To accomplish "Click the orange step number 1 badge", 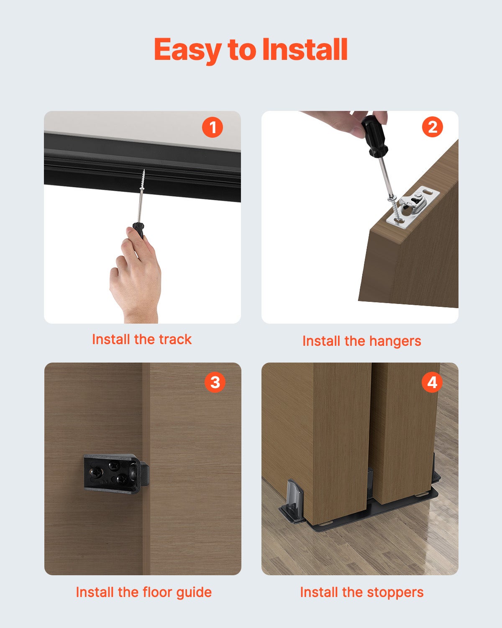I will click(x=212, y=127).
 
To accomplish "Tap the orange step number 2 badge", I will click(x=432, y=127).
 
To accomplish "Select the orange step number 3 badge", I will click(x=215, y=382).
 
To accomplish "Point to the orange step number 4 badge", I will click(x=432, y=382).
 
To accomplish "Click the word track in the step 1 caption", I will click(x=175, y=339).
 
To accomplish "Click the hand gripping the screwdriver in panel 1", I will click(x=135, y=276).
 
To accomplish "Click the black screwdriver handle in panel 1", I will click(x=138, y=230).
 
